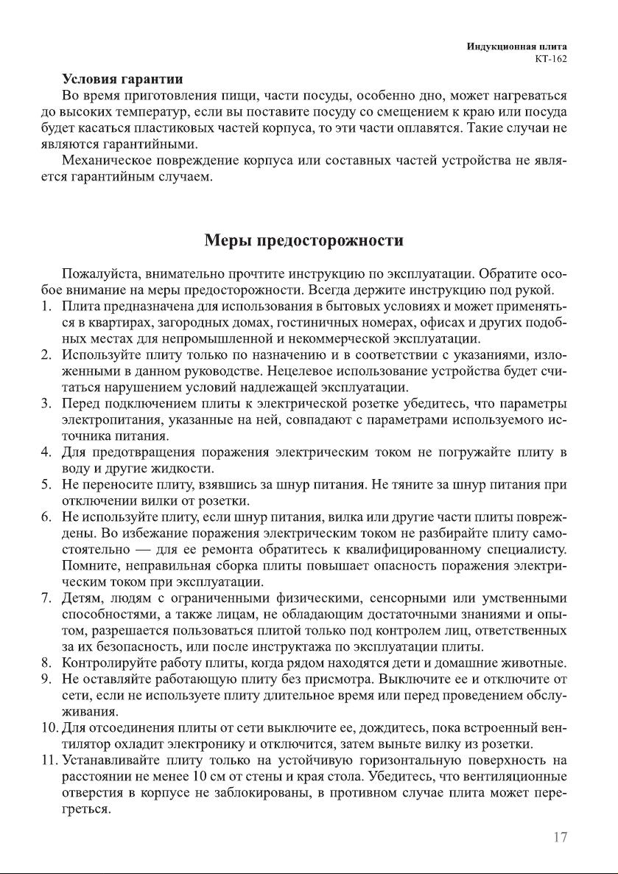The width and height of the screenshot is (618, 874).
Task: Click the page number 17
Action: click(x=559, y=838)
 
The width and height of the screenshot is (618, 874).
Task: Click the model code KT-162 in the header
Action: click(x=551, y=59)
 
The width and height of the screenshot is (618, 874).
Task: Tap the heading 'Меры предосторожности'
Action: click(x=303, y=240)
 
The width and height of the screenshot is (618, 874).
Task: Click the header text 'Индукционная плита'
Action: click(x=516, y=46)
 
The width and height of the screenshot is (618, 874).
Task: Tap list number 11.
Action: click(x=49, y=760)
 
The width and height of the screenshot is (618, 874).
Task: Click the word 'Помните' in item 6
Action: click(x=88, y=565)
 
